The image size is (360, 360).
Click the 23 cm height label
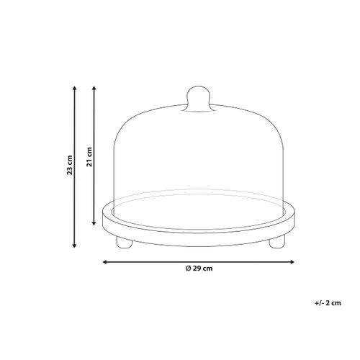[70, 165]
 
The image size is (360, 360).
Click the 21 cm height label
[89, 157]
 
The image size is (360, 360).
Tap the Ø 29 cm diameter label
[199, 269]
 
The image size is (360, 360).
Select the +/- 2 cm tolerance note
[328, 303]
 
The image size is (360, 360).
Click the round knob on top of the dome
[198, 99]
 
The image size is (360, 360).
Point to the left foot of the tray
[124, 242]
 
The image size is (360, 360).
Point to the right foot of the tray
[276, 242]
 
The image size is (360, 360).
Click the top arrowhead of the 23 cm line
[74, 89]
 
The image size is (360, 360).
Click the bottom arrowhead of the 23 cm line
[74, 245]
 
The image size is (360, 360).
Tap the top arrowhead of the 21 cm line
[94, 89]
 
